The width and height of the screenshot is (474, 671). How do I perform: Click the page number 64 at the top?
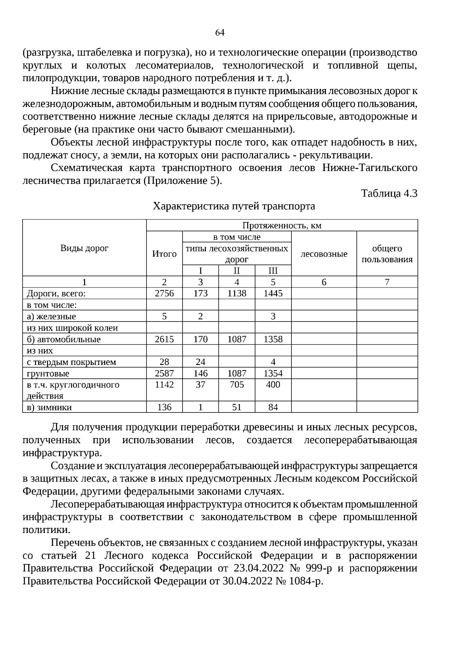(x=220, y=33)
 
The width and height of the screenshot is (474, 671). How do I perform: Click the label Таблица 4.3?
(x=389, y=193)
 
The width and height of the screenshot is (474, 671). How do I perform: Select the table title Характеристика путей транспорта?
(x=234, y=206)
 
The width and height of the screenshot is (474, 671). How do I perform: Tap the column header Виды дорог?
(x=84, y=248)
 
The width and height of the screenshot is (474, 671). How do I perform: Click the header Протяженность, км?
(x=282, y=225)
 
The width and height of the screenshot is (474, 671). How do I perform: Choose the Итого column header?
(x=164, y=254)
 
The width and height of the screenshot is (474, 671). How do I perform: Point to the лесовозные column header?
(x=324, y=254)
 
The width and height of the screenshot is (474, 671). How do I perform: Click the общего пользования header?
(x=387, y=254)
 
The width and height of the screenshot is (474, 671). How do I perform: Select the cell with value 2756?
(x=164, y=293)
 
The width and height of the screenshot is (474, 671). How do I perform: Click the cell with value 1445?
(x=273, y=293)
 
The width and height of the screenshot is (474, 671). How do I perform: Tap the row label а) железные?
(x=51, y=316)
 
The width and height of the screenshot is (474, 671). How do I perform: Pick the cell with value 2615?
(x=164, y=339)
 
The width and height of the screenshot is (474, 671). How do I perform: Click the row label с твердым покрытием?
(x=71, y=362)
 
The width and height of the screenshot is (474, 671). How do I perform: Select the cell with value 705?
(x=237, y=385)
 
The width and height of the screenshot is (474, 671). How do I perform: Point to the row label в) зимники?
(x=49, y=407)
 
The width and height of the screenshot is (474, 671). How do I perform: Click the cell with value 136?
(x=164, y=407)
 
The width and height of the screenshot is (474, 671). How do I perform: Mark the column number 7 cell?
(x=387, y=282)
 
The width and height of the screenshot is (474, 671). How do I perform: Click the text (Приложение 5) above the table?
(x=182, y=181)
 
